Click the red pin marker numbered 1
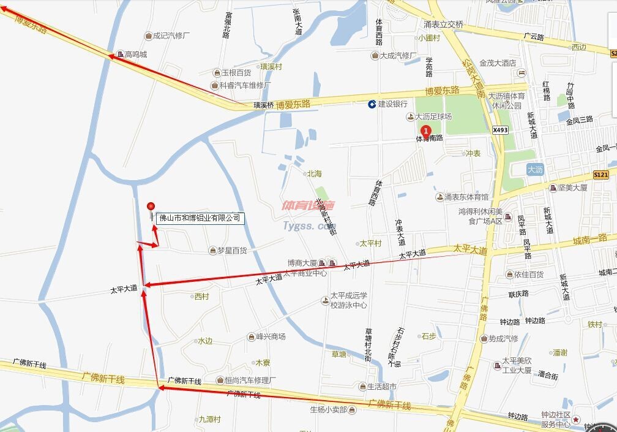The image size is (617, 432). pyautogui.click(x=426, y=130)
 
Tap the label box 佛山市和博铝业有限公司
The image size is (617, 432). pyautogui.click(x=200, y=218)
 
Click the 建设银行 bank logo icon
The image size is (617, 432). pyautogui.click(x=372, y=104)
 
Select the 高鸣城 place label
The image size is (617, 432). pyautogui.click(x=135, y=55)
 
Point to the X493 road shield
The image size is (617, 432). pyautogui.click(x=500, y=130)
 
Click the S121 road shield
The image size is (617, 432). pyautogui.click(x=600, y=175)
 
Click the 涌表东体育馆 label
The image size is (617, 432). pyautogui.click(x=466, y=197)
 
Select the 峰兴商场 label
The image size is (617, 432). pyautogui.click(x=270, y=336)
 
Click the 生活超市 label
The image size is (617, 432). pyautogui.click(x=386, y=387)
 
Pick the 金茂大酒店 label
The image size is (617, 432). pyautogui.click(x=498, y=63)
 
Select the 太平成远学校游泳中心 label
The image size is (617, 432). pyautogui.click(x=348, y=300)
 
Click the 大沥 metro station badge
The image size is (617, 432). pyautogui.click(x=535, y=169)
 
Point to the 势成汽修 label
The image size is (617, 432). pyautogui.click(x=503, y=338)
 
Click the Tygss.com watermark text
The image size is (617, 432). pyautogui.click(x=306, y=225)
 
